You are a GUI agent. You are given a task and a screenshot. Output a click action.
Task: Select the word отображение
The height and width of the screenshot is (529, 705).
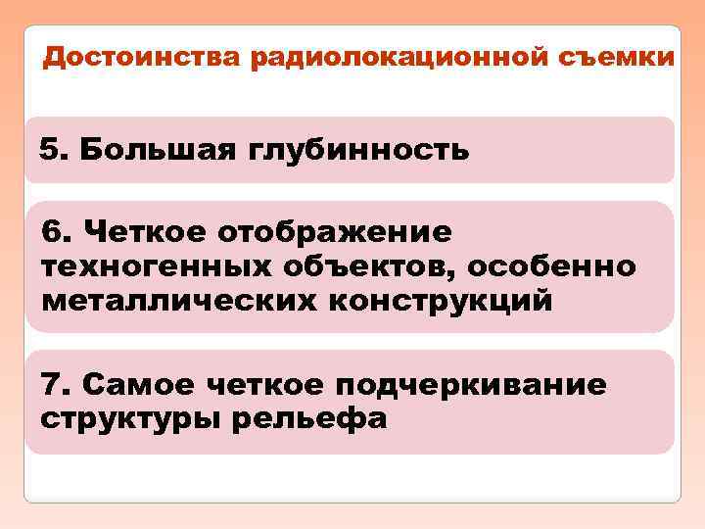335,233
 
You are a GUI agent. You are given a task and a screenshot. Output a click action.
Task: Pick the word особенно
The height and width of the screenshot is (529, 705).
561,266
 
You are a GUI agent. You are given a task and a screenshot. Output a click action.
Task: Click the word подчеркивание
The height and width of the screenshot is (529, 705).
479,384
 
